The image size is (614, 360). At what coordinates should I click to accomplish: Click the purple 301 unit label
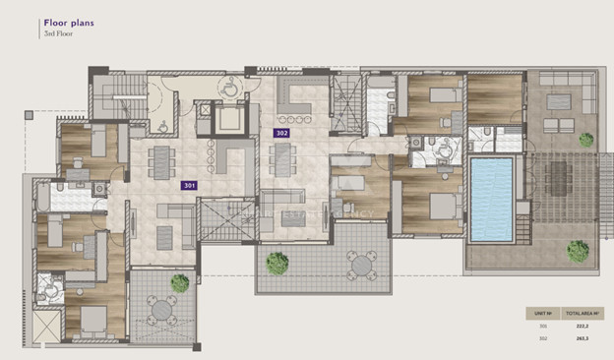[189, 185]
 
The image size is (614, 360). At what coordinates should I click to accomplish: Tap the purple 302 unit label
[281, 132]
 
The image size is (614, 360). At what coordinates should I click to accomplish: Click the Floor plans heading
[69, 20]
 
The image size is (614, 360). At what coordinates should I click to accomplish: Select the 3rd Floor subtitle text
[58, 33]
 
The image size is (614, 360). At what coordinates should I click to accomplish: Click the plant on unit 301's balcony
[179, 283]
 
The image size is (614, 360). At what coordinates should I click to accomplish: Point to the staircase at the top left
[117, 98]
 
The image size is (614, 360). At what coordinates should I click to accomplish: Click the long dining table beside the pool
[558, 187]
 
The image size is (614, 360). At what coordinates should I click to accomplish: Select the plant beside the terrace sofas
[586, 140]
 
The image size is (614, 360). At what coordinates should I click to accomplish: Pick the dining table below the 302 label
[281, 160]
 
